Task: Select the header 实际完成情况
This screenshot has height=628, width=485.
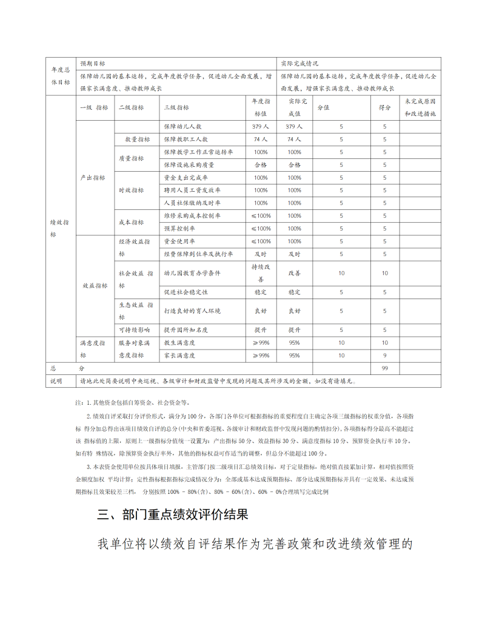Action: [299, 63]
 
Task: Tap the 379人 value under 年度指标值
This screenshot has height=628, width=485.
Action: [261, 127]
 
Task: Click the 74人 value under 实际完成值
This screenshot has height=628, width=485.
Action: [294, 140]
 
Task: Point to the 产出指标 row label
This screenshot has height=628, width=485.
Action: [93, 178]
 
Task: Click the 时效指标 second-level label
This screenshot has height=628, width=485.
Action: [130, 190]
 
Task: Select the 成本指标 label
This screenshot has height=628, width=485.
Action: [130, 222]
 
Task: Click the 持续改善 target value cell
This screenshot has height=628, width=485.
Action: [261, 273]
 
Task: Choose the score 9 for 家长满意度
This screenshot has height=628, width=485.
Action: [384, 356]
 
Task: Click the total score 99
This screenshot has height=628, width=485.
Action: [384, 368]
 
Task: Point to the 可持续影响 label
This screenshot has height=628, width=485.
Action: [134, 330]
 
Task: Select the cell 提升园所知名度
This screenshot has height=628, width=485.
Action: [186, 330]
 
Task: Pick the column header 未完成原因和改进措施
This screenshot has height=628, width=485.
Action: [420, 107]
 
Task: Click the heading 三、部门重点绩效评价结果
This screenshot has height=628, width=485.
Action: [173, 515]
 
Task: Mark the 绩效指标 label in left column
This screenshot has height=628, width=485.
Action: [59, 228]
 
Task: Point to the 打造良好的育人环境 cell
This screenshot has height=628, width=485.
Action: [193, 311]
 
